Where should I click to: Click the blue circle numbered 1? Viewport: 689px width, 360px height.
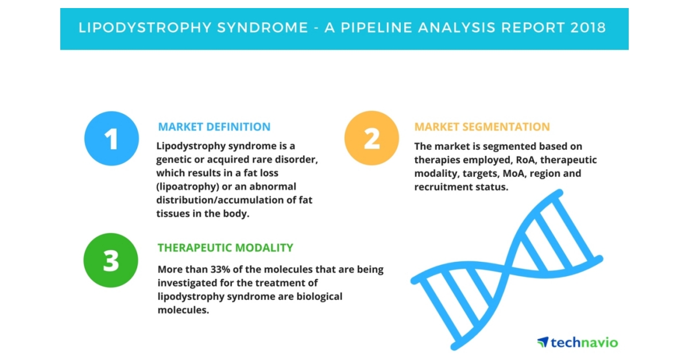[x=111, y=138]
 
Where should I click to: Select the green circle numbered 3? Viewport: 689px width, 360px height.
[x=111, y=260]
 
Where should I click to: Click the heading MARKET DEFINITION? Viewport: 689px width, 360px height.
[x=214, y=127]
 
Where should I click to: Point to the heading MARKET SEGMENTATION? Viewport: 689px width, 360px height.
[x=482, y=127]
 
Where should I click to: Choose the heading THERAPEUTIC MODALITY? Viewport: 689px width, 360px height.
[x=226, y=248]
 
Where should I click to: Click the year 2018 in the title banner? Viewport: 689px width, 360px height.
[x=587, y=27]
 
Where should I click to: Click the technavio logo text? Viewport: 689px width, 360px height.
[x=584, y=343]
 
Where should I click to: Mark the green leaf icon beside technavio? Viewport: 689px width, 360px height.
[x=543, y=343]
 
